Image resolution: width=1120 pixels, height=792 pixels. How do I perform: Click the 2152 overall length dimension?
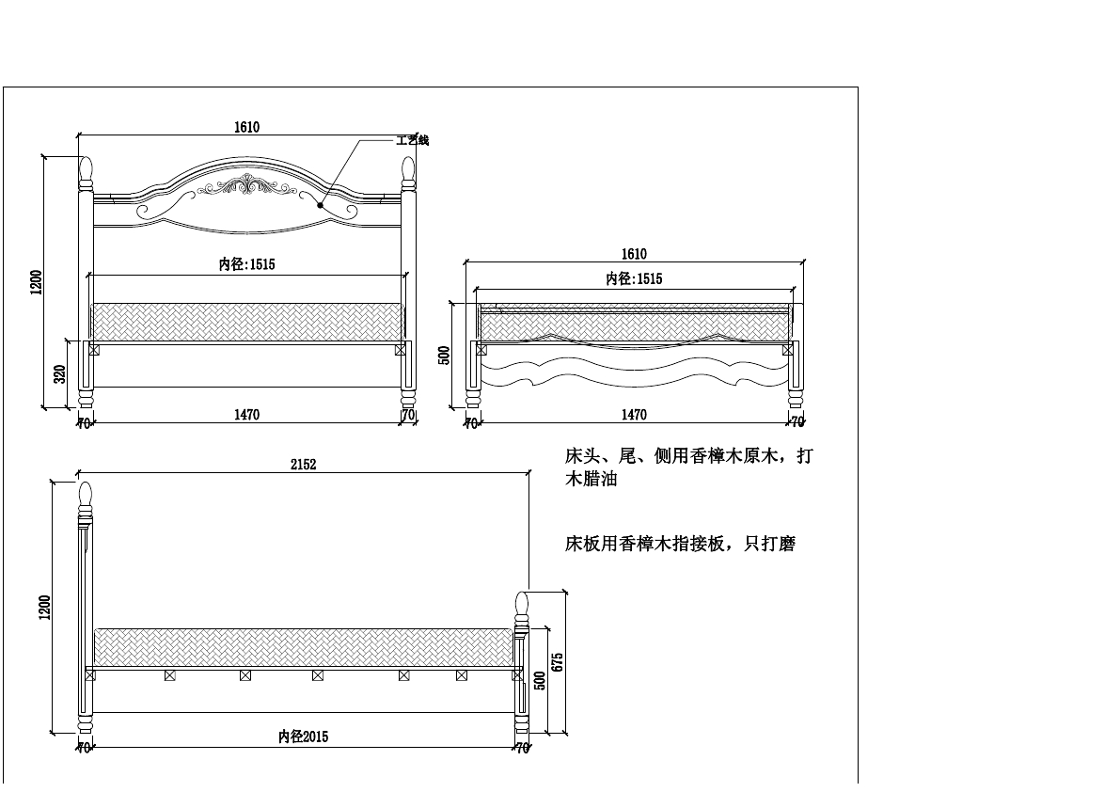[303, 465]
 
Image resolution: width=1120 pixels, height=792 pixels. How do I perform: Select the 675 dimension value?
[558, 661]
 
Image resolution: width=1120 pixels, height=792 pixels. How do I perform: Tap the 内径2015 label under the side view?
[303, 737]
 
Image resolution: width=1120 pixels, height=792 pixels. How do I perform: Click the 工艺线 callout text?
[412, 140]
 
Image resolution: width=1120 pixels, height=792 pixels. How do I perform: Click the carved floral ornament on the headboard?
[247, 185]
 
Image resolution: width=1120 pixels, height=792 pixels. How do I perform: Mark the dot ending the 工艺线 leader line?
[322, 203]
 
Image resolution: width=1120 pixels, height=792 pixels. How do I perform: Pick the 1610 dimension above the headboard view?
[246, 128]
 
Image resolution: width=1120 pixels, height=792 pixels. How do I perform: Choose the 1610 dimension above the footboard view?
[634, 254]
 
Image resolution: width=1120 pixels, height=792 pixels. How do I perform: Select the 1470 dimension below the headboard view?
[246, 414]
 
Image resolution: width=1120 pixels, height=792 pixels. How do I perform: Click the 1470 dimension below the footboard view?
[634, 414]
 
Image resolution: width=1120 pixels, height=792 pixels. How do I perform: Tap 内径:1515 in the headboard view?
[246, 265]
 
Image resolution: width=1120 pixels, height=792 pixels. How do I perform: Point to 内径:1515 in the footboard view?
[634, 278]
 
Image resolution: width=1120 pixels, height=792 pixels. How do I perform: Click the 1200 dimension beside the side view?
[45, 608]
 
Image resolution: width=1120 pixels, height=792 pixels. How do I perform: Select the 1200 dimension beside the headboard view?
[36, 282]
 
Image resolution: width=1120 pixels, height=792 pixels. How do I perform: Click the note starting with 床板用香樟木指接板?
[679, 544]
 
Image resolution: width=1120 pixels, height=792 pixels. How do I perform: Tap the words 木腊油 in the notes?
[591, 480]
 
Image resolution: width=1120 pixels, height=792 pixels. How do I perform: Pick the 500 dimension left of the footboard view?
[445, 355]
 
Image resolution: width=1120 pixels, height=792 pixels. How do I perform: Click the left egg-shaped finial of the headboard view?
[86, 170]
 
